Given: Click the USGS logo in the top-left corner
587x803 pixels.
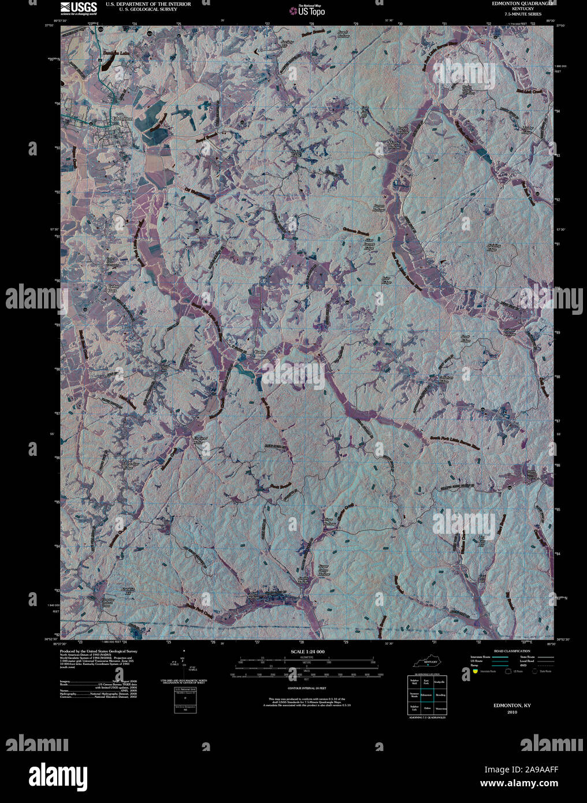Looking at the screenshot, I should [79, 8].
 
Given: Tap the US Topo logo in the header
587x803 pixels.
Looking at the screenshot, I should [310, 10].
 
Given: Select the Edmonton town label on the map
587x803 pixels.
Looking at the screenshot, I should [122, 118].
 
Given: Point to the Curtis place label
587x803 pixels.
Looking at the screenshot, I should [259, 352].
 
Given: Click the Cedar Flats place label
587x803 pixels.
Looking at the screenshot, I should [113, 288].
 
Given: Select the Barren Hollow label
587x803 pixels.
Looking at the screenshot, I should [378, 207].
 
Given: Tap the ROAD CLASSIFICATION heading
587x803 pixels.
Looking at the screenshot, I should [508, 651].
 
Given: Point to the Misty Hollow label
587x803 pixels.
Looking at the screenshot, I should [395, 146].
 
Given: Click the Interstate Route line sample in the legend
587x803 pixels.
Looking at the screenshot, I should [499, 657].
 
